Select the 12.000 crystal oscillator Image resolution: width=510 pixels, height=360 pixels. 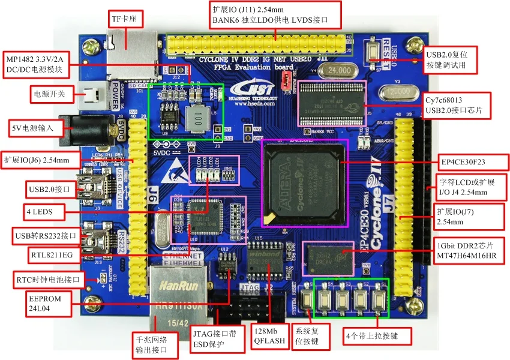click(x=398, y=94)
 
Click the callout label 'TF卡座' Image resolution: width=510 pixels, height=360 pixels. click(x=125, y=19)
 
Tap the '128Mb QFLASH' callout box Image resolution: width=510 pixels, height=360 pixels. click(x=268, y=339)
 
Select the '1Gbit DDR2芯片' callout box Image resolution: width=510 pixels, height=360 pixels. click(x=469, y=251)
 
